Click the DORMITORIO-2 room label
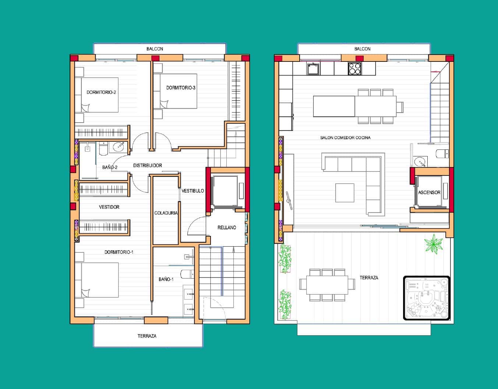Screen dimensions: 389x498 pyautogui.click(x=101, y=92)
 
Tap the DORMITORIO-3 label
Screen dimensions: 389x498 pyautogui.click(x=181, y=88)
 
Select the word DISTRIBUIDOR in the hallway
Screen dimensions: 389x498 pyautogui.click(x=148, y=166)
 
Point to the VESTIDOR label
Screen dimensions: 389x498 pyautogui.click(x=109, y=207)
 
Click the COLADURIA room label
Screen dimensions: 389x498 pyautogui.click(x=166, y=213)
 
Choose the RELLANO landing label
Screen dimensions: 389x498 pyautogui.click(x=227, y=227)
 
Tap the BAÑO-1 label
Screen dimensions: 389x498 pyautogui.click(x=166, y=279)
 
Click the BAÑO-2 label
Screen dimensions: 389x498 pyautogui.click(x=110, y=167)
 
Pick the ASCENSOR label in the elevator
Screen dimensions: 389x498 pyautogui.click(x=429, y=192)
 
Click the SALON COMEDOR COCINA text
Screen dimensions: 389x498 pyautogui.click(x=345, y=138)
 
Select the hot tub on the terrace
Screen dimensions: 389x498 pyautogui.click(x=427, y=297)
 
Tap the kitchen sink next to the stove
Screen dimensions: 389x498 pyautogui.click(x=313, y=68)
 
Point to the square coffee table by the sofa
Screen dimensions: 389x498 pyautogui.click(x=345, y=192)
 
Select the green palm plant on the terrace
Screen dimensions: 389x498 pyautogui.click(x=434, y=244)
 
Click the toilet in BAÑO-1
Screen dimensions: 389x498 pyautogui.click(x=187, y=273)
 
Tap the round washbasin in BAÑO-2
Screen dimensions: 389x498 pyautogui.click(x=119, y=147)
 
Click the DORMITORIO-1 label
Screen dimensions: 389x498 pyautogui.click(x=119, y=252)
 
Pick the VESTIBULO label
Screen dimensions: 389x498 pyautogui.click(x=193, y=191)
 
